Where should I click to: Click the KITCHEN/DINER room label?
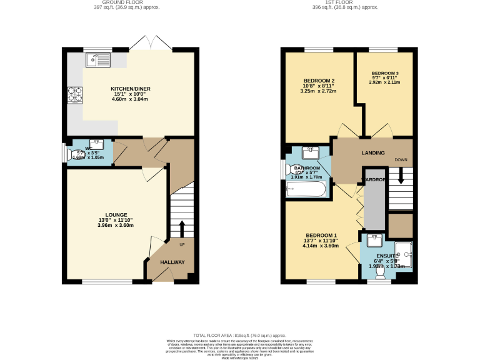tap(131, 89)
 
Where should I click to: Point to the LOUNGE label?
tap(116, 214)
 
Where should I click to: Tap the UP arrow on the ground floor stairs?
tap(182, 227)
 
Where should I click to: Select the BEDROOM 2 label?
tap(319, 81)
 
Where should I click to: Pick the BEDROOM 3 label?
tap(384, 73)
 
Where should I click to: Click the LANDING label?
tap(372, 153)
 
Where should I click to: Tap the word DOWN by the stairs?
tap(401, 160)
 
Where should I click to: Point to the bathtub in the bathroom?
tap(306, 189)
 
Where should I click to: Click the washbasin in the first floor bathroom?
tap(311, 152)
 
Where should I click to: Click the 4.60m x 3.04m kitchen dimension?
tap(131, 99)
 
